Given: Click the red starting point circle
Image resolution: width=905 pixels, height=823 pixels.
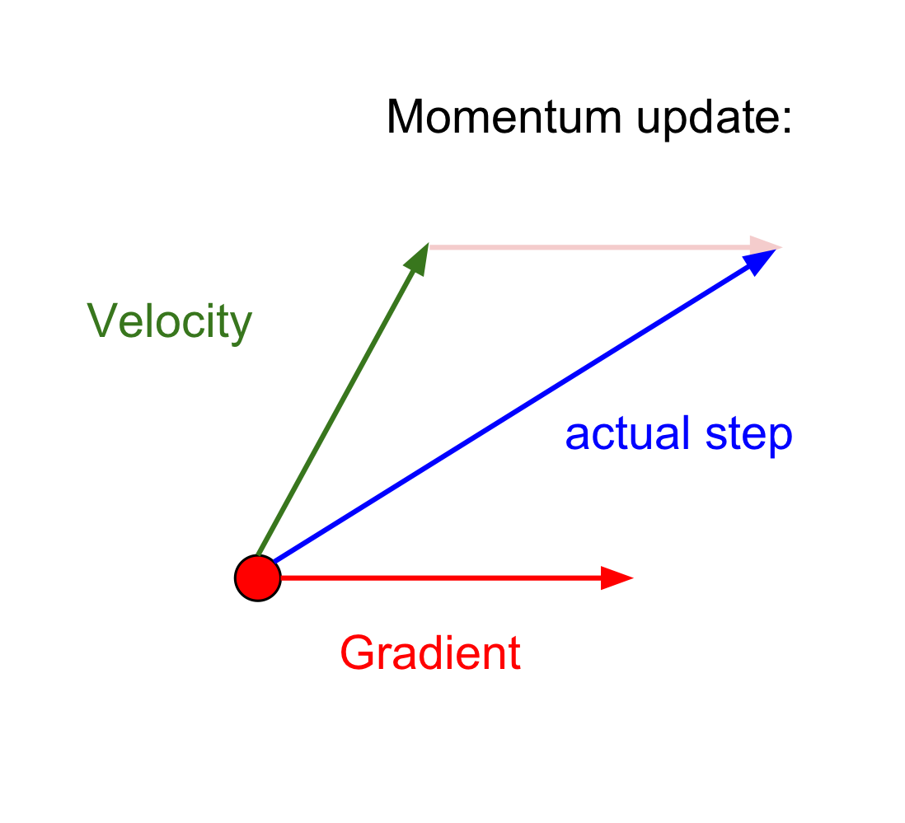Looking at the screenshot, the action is tap(258, 578).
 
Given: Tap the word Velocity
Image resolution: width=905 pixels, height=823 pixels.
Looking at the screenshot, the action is tap(169, 321).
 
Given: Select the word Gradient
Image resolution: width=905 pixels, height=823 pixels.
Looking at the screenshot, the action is tap(430, 654).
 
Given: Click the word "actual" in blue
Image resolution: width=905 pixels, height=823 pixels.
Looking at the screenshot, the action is tap(626, 433).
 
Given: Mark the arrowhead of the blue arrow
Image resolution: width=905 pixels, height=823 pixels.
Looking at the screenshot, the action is tap(760, 260).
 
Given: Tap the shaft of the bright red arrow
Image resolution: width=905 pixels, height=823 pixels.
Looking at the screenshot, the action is tap(437, 578).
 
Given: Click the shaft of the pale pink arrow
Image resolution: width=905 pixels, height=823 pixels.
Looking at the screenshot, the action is tap(585, 245).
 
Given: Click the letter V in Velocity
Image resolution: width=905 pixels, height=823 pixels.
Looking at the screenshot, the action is tap(101, 320).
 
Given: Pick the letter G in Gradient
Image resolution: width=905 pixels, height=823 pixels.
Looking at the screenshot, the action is tap(356, 653).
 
